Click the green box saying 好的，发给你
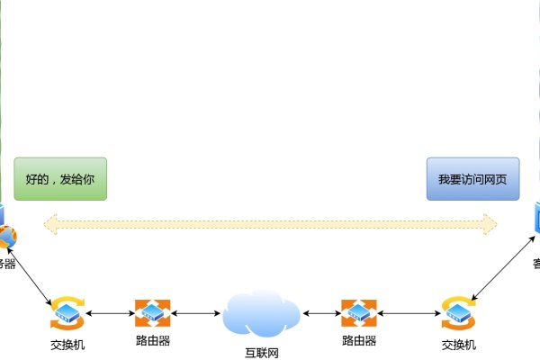tap(60, 179)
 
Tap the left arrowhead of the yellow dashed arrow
tap(50, 223)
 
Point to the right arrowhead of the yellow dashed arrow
tap(490, 223)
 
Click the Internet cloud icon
tap(261, 313)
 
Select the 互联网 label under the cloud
tap(261, 353)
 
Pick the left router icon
tap(152, 313)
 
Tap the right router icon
tap(358, 313)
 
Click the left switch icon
tap(67, 313)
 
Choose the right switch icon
tap(458, 313)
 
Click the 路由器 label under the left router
tap(152, 341)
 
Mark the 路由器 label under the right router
tap(358, 341)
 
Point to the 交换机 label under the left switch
tap(67, 345)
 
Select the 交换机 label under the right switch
tap(458, 345)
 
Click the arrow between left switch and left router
tap(110, 313)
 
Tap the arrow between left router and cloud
tap(196, 313)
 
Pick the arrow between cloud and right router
tap(322, 313)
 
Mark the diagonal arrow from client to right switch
tap(499, 275)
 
